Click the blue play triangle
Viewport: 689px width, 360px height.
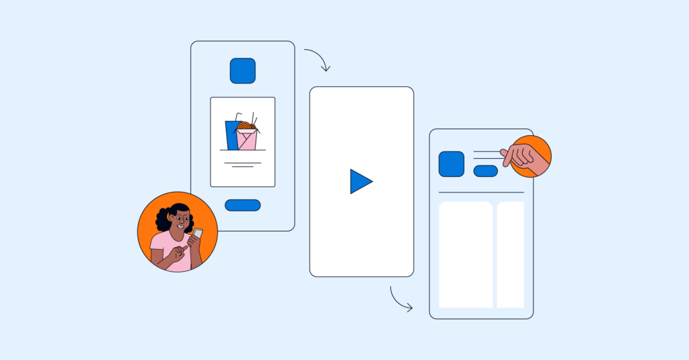point(359,182)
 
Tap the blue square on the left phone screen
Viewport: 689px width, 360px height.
point(242,71)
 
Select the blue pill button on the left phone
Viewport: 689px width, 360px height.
point(242,205)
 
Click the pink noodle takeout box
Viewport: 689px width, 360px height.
point(247,140)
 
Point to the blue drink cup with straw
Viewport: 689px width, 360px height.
point(232,135)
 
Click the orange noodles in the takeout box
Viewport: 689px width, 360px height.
point(246,125)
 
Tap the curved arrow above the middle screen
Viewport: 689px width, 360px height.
point(318,59)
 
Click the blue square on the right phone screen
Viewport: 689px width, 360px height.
point(451,164)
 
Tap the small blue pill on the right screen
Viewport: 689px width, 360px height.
point(485,171)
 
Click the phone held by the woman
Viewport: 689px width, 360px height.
point(198,233)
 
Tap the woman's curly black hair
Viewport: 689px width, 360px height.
point(166,217)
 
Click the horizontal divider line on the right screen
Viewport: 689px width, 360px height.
point(481,192)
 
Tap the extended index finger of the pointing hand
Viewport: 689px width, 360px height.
point(507,153)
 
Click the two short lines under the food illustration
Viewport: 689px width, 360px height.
point(242,164)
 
